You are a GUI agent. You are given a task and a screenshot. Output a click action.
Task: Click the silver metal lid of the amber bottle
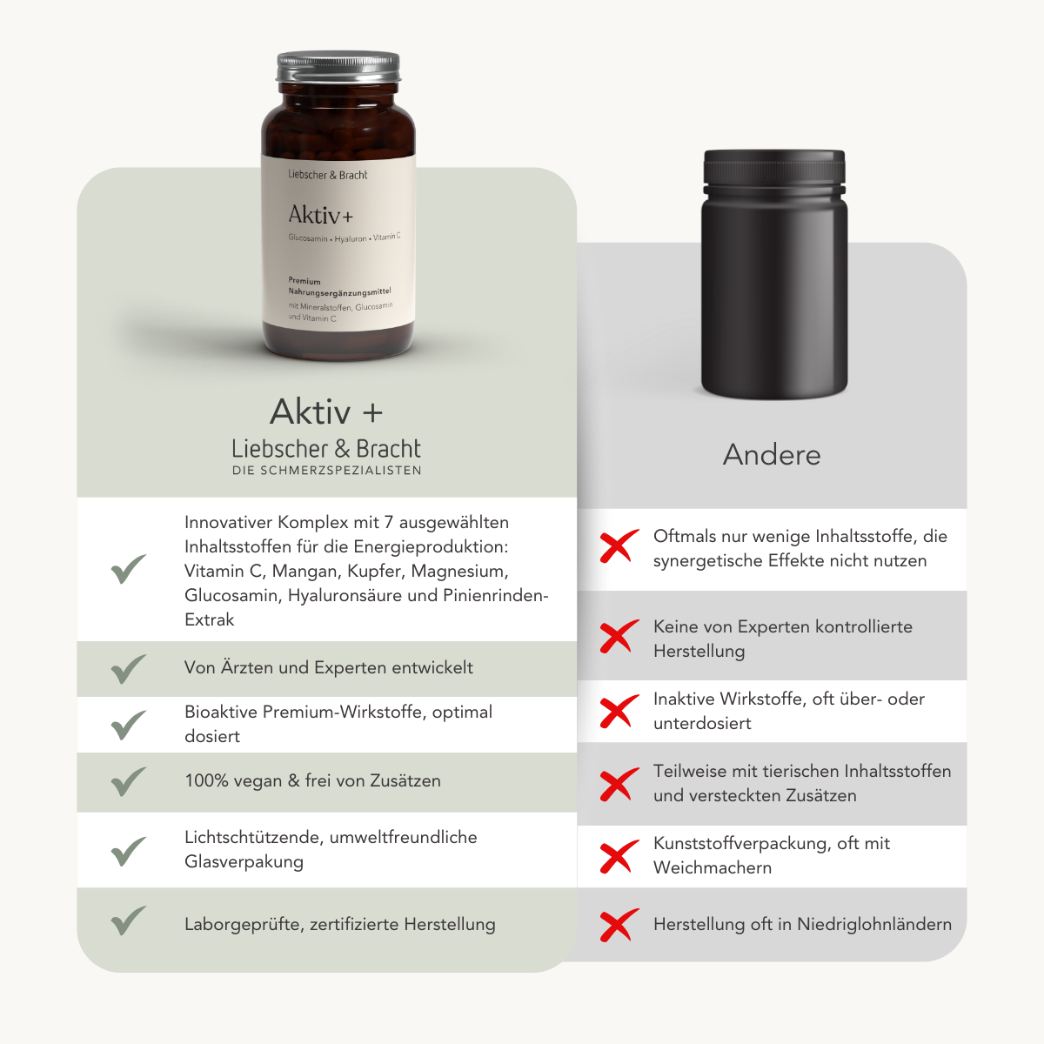click(338, 67)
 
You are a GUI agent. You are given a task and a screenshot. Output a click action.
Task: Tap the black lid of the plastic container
click(774, 171)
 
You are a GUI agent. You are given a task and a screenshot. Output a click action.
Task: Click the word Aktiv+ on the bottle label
click(321, 215)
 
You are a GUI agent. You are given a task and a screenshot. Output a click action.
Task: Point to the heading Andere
click(772, 454)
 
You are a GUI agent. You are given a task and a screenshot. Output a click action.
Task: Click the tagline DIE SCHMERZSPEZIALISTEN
click(327, 471)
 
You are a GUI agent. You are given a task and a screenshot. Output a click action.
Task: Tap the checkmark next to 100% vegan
click(129, 781)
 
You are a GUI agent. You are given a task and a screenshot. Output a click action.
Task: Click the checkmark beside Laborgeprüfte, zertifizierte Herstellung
click(129, 920)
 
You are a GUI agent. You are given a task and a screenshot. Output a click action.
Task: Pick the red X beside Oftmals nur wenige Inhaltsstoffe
click(619, 546)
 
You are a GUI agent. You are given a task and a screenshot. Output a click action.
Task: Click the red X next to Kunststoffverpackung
click(619, 857)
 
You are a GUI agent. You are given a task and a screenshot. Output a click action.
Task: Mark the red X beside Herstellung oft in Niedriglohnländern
click(619, 925)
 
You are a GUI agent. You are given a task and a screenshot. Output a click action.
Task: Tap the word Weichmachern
click(713, 868)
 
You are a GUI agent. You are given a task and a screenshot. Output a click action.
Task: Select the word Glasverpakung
click(244, 862)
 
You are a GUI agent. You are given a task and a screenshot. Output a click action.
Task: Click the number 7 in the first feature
click(388, 523)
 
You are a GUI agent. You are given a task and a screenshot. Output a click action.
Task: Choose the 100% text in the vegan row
click(206, 781)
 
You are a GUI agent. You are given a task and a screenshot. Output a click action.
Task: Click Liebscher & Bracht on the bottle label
click(327, 175)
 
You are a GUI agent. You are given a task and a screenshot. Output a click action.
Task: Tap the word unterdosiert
click(702, 724)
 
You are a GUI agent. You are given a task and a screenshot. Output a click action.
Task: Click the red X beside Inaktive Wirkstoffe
click(619, 712)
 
